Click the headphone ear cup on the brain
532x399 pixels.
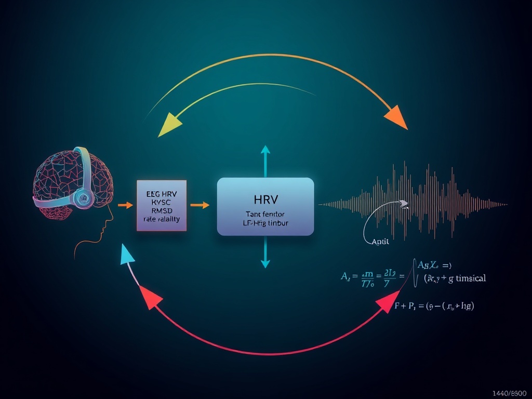[x=83, y=196]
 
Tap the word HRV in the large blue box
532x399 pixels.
[x=265, y=198]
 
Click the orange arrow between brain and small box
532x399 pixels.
[x=125, y=205]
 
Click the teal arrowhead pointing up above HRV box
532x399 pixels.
[x=265, y=150]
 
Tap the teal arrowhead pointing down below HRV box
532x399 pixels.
[x=265, y=264]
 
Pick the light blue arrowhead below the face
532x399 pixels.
[x=126, y=255]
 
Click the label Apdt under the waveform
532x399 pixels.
[x=381, y=242]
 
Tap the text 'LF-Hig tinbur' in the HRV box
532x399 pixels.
[x=265, y=222]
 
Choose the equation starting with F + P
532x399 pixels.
[x=434, y=306]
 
